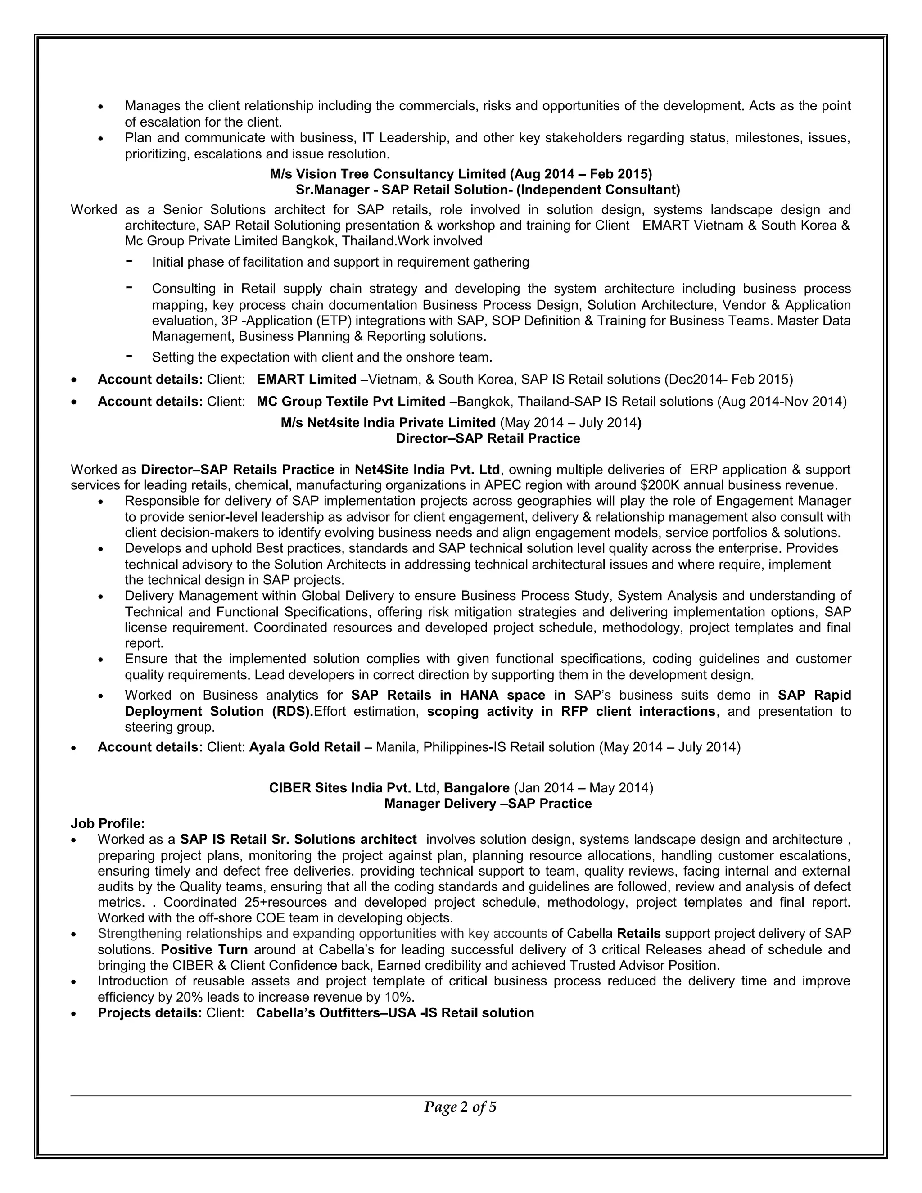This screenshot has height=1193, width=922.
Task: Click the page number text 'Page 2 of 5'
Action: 460,1107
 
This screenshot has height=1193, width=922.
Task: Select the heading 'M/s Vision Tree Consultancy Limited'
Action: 389,174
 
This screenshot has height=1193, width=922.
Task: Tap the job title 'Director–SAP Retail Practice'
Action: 487,438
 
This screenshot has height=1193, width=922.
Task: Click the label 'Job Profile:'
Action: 108,823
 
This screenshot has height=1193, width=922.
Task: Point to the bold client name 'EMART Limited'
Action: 307,379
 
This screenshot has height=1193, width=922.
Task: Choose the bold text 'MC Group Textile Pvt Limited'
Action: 351,402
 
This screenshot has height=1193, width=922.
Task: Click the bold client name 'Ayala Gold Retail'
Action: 304,747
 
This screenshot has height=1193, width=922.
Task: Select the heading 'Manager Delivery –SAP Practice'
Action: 487,804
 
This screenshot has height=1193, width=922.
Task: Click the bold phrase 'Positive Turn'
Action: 204,949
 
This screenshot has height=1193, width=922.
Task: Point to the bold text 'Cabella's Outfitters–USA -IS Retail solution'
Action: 394,1013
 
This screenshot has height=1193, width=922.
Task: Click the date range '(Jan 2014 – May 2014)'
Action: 583,788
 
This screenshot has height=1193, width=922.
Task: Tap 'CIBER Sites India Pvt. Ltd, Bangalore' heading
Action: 389,788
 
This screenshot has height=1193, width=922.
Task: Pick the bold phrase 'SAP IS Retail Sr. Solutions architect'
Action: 298,839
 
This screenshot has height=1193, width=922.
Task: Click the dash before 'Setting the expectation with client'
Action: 129,356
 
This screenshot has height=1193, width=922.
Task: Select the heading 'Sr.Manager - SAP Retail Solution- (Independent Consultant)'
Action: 487,190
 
